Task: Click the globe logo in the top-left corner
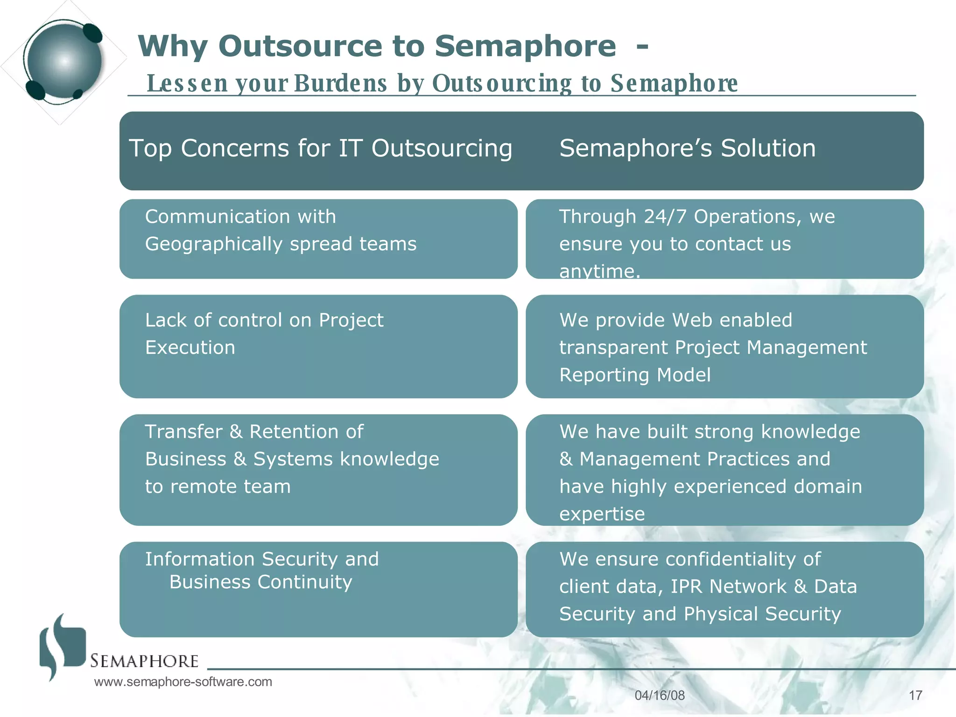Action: (x=63, y=61)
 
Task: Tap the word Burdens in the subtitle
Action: (x=340, y=84)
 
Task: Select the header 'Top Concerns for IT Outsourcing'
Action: (x=320, y=148)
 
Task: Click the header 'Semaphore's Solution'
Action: (x=687, y=148)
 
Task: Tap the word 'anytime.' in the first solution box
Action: (x=599, y=271)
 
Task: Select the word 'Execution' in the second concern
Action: (x=190, y=348)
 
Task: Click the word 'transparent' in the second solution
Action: (x=613, y=348)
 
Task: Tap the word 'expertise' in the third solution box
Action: (x=602, y=514)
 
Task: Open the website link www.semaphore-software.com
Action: (x=183, y=682)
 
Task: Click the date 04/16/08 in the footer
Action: (x=660, y=696)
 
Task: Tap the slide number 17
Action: (x=915, y=696)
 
